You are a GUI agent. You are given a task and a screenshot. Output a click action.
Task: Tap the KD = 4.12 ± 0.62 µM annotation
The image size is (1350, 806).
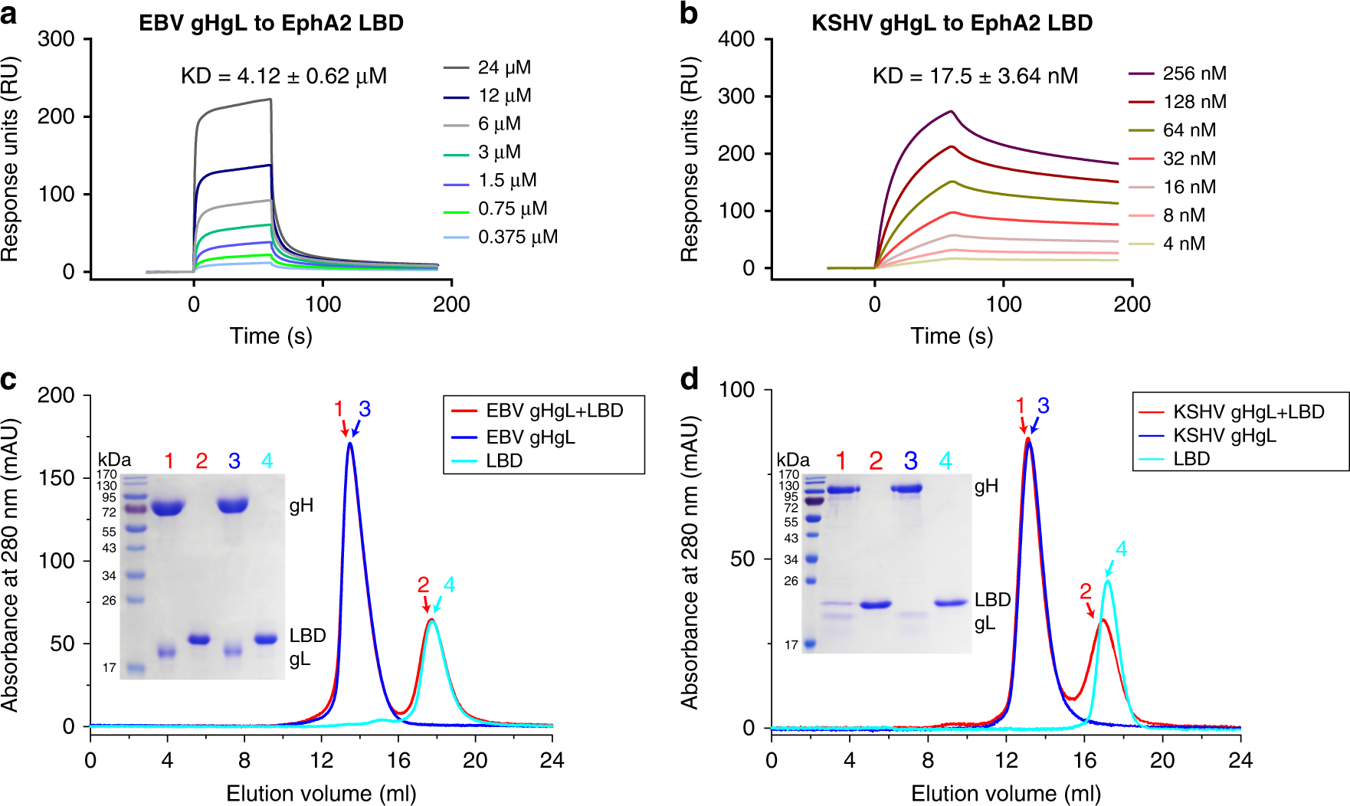(x=283, y=76)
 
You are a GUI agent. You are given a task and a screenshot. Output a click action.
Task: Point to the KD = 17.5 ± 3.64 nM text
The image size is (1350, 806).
(x=975, y=76)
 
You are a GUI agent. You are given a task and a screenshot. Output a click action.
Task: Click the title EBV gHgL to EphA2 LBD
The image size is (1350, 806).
(x=270, y=23)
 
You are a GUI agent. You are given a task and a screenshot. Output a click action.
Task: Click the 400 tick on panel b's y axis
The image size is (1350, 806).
(x=736, y=39)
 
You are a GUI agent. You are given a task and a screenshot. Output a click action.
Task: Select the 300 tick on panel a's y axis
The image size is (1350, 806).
(x=56, y=39)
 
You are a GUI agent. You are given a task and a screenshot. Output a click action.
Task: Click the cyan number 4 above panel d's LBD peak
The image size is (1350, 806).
(x=1121, y=549)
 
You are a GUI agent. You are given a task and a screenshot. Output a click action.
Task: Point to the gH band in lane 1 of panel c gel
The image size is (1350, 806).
(x=169, y=507)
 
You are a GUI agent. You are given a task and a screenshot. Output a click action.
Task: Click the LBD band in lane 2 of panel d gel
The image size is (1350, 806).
(x=876, y=604)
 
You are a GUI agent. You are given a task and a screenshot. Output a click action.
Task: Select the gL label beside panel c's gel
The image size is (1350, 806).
(x=300, y=659)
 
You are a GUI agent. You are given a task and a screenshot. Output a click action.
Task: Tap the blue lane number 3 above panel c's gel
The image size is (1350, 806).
(x=234, y=460)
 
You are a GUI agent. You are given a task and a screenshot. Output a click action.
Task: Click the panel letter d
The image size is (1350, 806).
(x=689, y=379)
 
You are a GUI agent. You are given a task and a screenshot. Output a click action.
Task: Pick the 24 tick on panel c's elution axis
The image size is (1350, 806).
(x=551, y=760)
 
